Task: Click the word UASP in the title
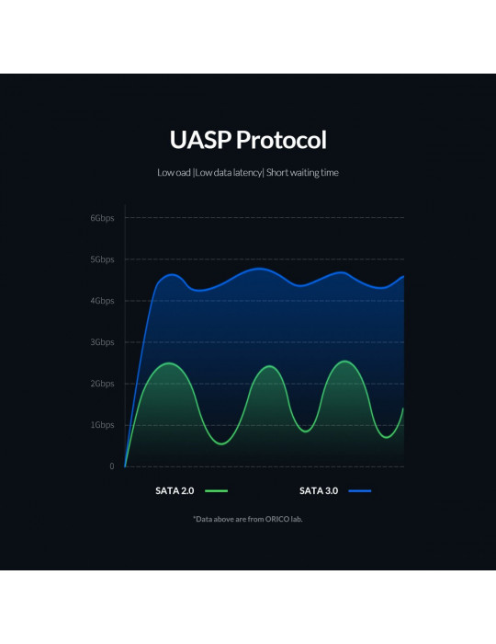click(200, 140)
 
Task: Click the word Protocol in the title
click(281, 140)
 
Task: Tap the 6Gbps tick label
click(102, 218)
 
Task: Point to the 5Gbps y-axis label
click(102, 259)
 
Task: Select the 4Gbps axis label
click(102, 301)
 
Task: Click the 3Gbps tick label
click(102, 342)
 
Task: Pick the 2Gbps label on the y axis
click(102, 384)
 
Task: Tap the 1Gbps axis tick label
click(102, 425)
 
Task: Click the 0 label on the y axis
click(111, 466)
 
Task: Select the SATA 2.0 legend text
click(175, 490)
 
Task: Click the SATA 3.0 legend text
click(319, 490)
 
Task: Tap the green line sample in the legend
click(216, 490)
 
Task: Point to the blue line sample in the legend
click(359, 490)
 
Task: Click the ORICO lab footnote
click(248, 519)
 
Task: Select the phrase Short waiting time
click(302, 173)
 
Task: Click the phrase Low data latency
click(229, 173)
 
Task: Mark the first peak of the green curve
click(169, 363)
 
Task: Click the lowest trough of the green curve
click(221, 444)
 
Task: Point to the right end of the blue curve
click(404, 276)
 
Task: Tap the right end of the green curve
click(403, 408)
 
